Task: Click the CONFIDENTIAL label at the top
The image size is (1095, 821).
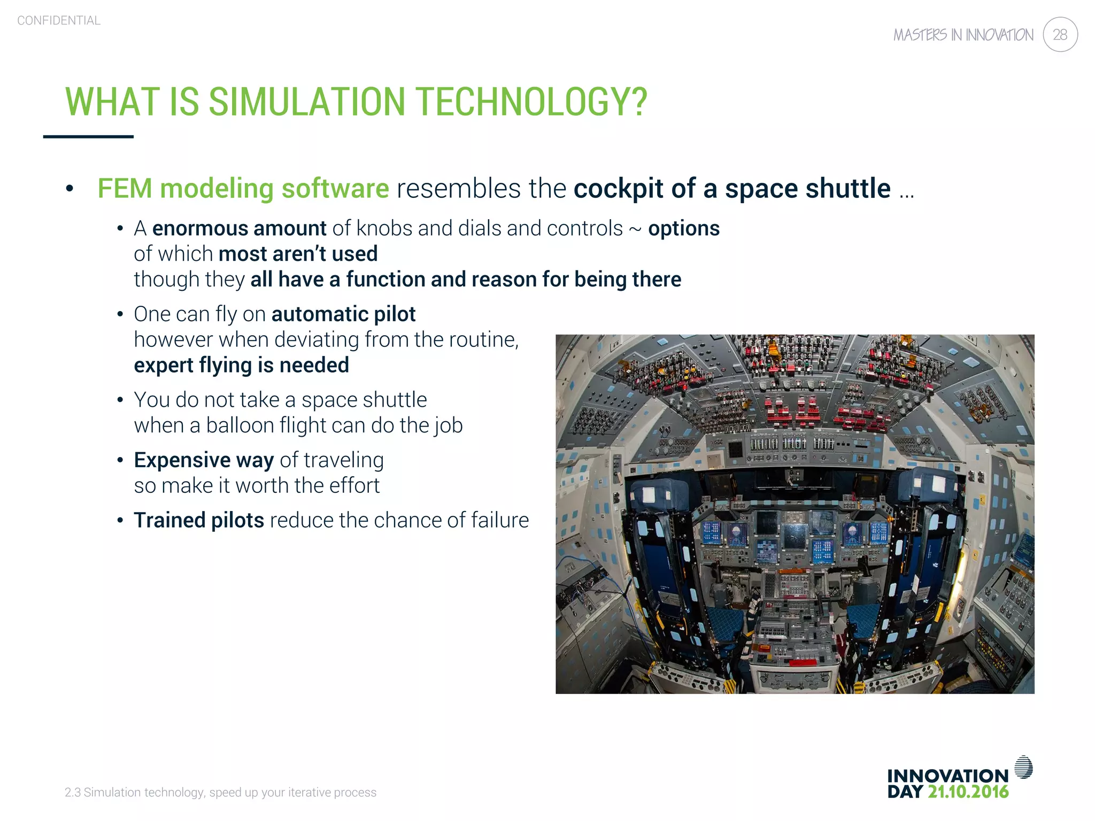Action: tap(59, 20)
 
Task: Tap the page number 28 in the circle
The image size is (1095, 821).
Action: tap(1060, 35)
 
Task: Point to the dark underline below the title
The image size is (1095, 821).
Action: tap(88, 137)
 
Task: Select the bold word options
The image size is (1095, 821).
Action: tap(683, 228)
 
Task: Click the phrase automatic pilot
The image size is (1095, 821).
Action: tap(343, 314)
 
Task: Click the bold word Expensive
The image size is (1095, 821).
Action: tap(182, 460)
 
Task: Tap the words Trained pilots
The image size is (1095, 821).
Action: tap(198, 520)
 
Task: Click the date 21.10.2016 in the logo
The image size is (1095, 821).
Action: tap(968, 792)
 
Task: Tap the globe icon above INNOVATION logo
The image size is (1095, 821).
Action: tap(1023, 767)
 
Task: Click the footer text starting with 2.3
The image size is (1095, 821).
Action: tap(220, 792)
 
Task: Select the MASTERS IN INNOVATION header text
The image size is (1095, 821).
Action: tap(963, 35)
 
